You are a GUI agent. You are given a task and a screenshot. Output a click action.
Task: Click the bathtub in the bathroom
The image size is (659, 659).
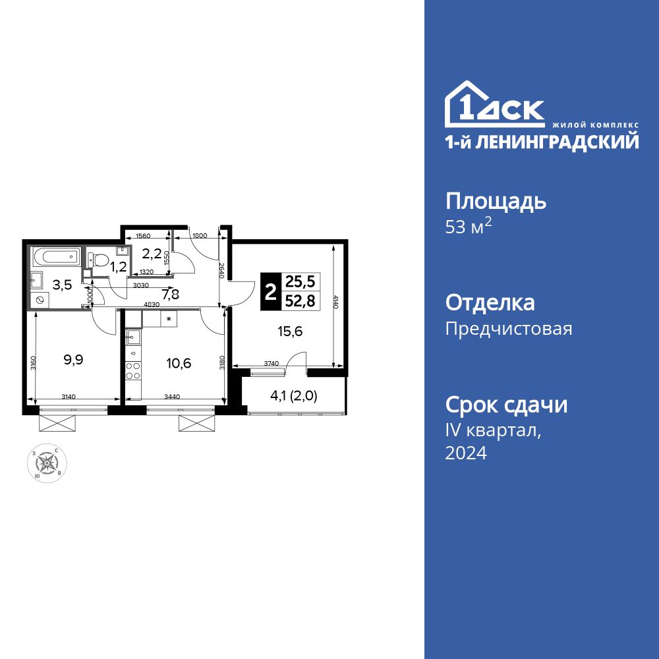click(55, 256)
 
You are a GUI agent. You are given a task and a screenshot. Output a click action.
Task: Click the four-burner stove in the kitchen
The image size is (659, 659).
click(134, 370)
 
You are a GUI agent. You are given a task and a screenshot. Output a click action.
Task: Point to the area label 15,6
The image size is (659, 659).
click(290, 332)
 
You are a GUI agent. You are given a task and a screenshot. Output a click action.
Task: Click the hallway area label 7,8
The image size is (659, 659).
click(170, 295)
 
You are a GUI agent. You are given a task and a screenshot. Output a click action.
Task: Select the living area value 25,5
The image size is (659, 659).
click(300, 282)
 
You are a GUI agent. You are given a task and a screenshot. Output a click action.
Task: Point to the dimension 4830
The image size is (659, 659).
click(152, 304)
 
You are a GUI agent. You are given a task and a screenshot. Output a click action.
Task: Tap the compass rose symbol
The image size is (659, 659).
click(46, 464)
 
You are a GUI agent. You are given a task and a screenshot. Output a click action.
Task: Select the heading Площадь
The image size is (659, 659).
click(496, 201)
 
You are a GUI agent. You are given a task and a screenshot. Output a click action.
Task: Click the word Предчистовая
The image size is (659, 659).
click(509, 328)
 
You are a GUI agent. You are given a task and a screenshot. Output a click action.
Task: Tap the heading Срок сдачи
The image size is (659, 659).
click(506, 405)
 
